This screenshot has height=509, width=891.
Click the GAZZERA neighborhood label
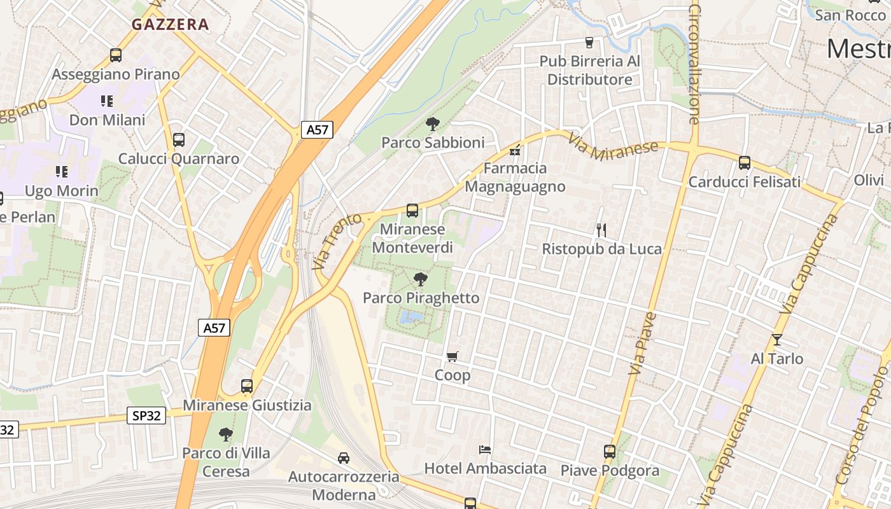point(170,25)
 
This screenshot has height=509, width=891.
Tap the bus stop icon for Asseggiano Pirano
point(115,55)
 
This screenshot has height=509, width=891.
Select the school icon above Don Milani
point(106,101)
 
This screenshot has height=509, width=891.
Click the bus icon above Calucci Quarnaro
point(179,140)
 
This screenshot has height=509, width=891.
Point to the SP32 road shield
point(146,416)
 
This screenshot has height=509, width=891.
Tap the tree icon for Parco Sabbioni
point(433,123)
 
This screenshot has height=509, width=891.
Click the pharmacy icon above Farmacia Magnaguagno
point(516,151)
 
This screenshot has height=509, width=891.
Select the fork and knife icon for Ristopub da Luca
point(601,230)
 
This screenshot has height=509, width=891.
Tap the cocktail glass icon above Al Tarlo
point(776,340)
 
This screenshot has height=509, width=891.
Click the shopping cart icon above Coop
point(453,356)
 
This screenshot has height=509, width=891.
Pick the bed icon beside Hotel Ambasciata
point(485,450)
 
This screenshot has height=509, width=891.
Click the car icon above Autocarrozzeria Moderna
point(344,457)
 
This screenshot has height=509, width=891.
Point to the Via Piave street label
point(644,344)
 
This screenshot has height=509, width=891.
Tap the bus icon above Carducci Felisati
point(745,163)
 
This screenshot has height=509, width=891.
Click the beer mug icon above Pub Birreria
point(589,43)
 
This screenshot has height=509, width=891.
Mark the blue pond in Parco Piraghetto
point(410,316)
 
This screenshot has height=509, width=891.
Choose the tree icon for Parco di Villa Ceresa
point(225,435)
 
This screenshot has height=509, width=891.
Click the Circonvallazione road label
point(694,64)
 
